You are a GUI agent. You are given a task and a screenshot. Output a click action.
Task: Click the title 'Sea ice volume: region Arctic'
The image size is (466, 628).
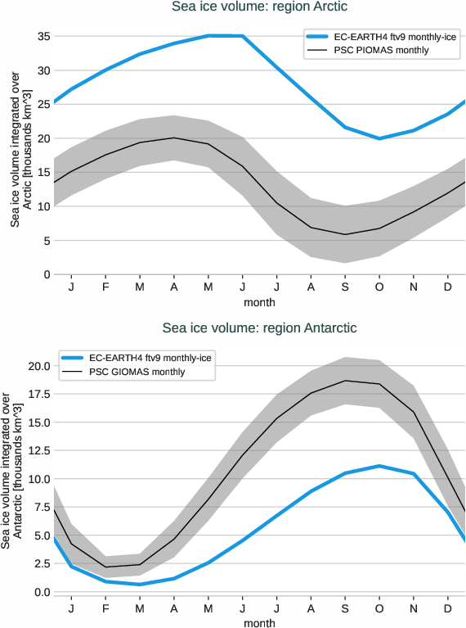(x=259, y=7)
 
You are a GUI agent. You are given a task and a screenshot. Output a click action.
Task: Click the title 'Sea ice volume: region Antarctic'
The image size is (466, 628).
(x=259, y=328)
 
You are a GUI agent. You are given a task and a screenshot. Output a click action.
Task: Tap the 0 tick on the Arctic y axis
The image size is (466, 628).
(x=44, y=274)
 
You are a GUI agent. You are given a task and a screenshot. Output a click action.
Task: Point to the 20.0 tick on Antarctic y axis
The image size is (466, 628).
(x=34, y=366)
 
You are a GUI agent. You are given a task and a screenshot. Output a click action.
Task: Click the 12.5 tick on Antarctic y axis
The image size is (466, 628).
(x=34, y=451)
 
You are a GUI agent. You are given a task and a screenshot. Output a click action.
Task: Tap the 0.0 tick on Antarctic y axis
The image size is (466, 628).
(x=38, y=592)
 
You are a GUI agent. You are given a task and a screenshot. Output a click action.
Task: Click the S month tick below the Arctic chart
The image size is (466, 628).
(x=345, y=288)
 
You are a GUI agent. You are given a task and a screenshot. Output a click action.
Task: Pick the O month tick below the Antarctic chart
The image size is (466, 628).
(x=379, y=609)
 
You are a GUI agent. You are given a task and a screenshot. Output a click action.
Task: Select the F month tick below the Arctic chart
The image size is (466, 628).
(x=105, y=288)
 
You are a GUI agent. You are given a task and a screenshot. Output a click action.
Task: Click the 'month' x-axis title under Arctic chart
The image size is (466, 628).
(x=259, y=302)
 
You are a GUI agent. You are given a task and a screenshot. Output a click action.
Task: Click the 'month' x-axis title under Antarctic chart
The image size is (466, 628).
(x=259, y=623)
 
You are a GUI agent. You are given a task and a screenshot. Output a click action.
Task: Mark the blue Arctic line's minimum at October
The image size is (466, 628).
(x=379, y=138)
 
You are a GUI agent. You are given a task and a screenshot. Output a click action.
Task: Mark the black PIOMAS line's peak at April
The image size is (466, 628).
(x=174, y=138)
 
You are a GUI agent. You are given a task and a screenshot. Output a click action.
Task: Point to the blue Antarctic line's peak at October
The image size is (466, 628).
(x=379, y=466)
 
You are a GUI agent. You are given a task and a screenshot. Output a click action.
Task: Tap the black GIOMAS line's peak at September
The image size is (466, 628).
(x=345, y=381)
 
